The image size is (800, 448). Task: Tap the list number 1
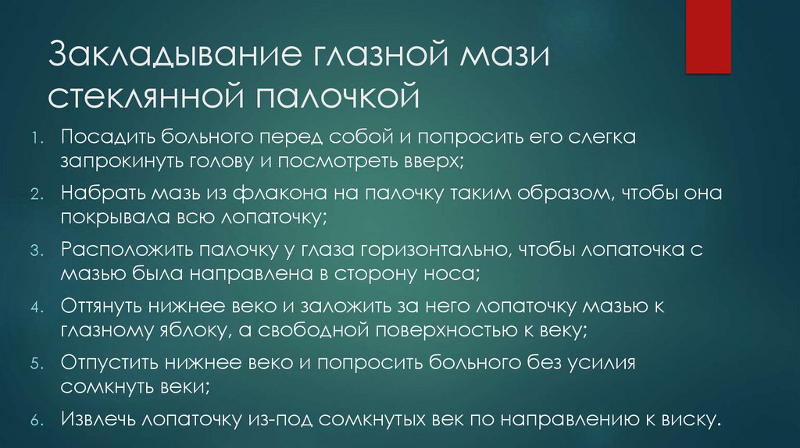click(36, 139)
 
